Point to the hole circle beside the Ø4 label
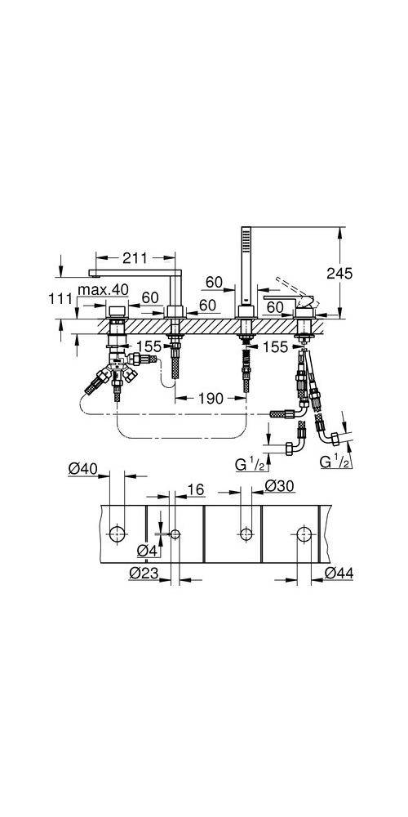[x=176, y=534]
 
